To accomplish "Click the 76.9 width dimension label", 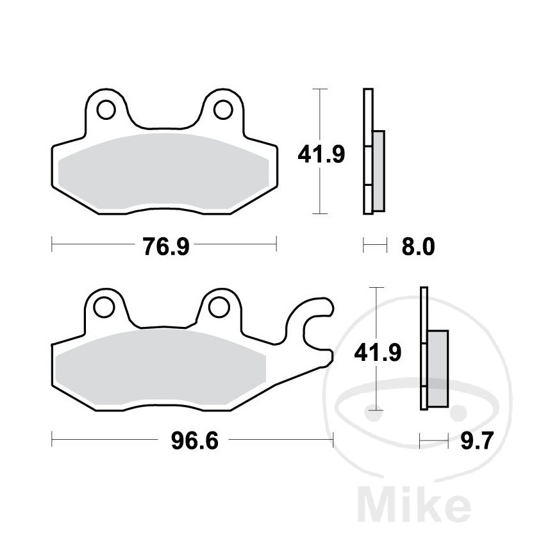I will tap(164, 245).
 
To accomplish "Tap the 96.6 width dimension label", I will tap(193, 441).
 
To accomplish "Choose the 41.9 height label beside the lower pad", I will tap(377, 351).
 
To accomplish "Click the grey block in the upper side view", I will tap(378, 171).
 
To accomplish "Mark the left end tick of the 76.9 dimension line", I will tap(53, 244).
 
